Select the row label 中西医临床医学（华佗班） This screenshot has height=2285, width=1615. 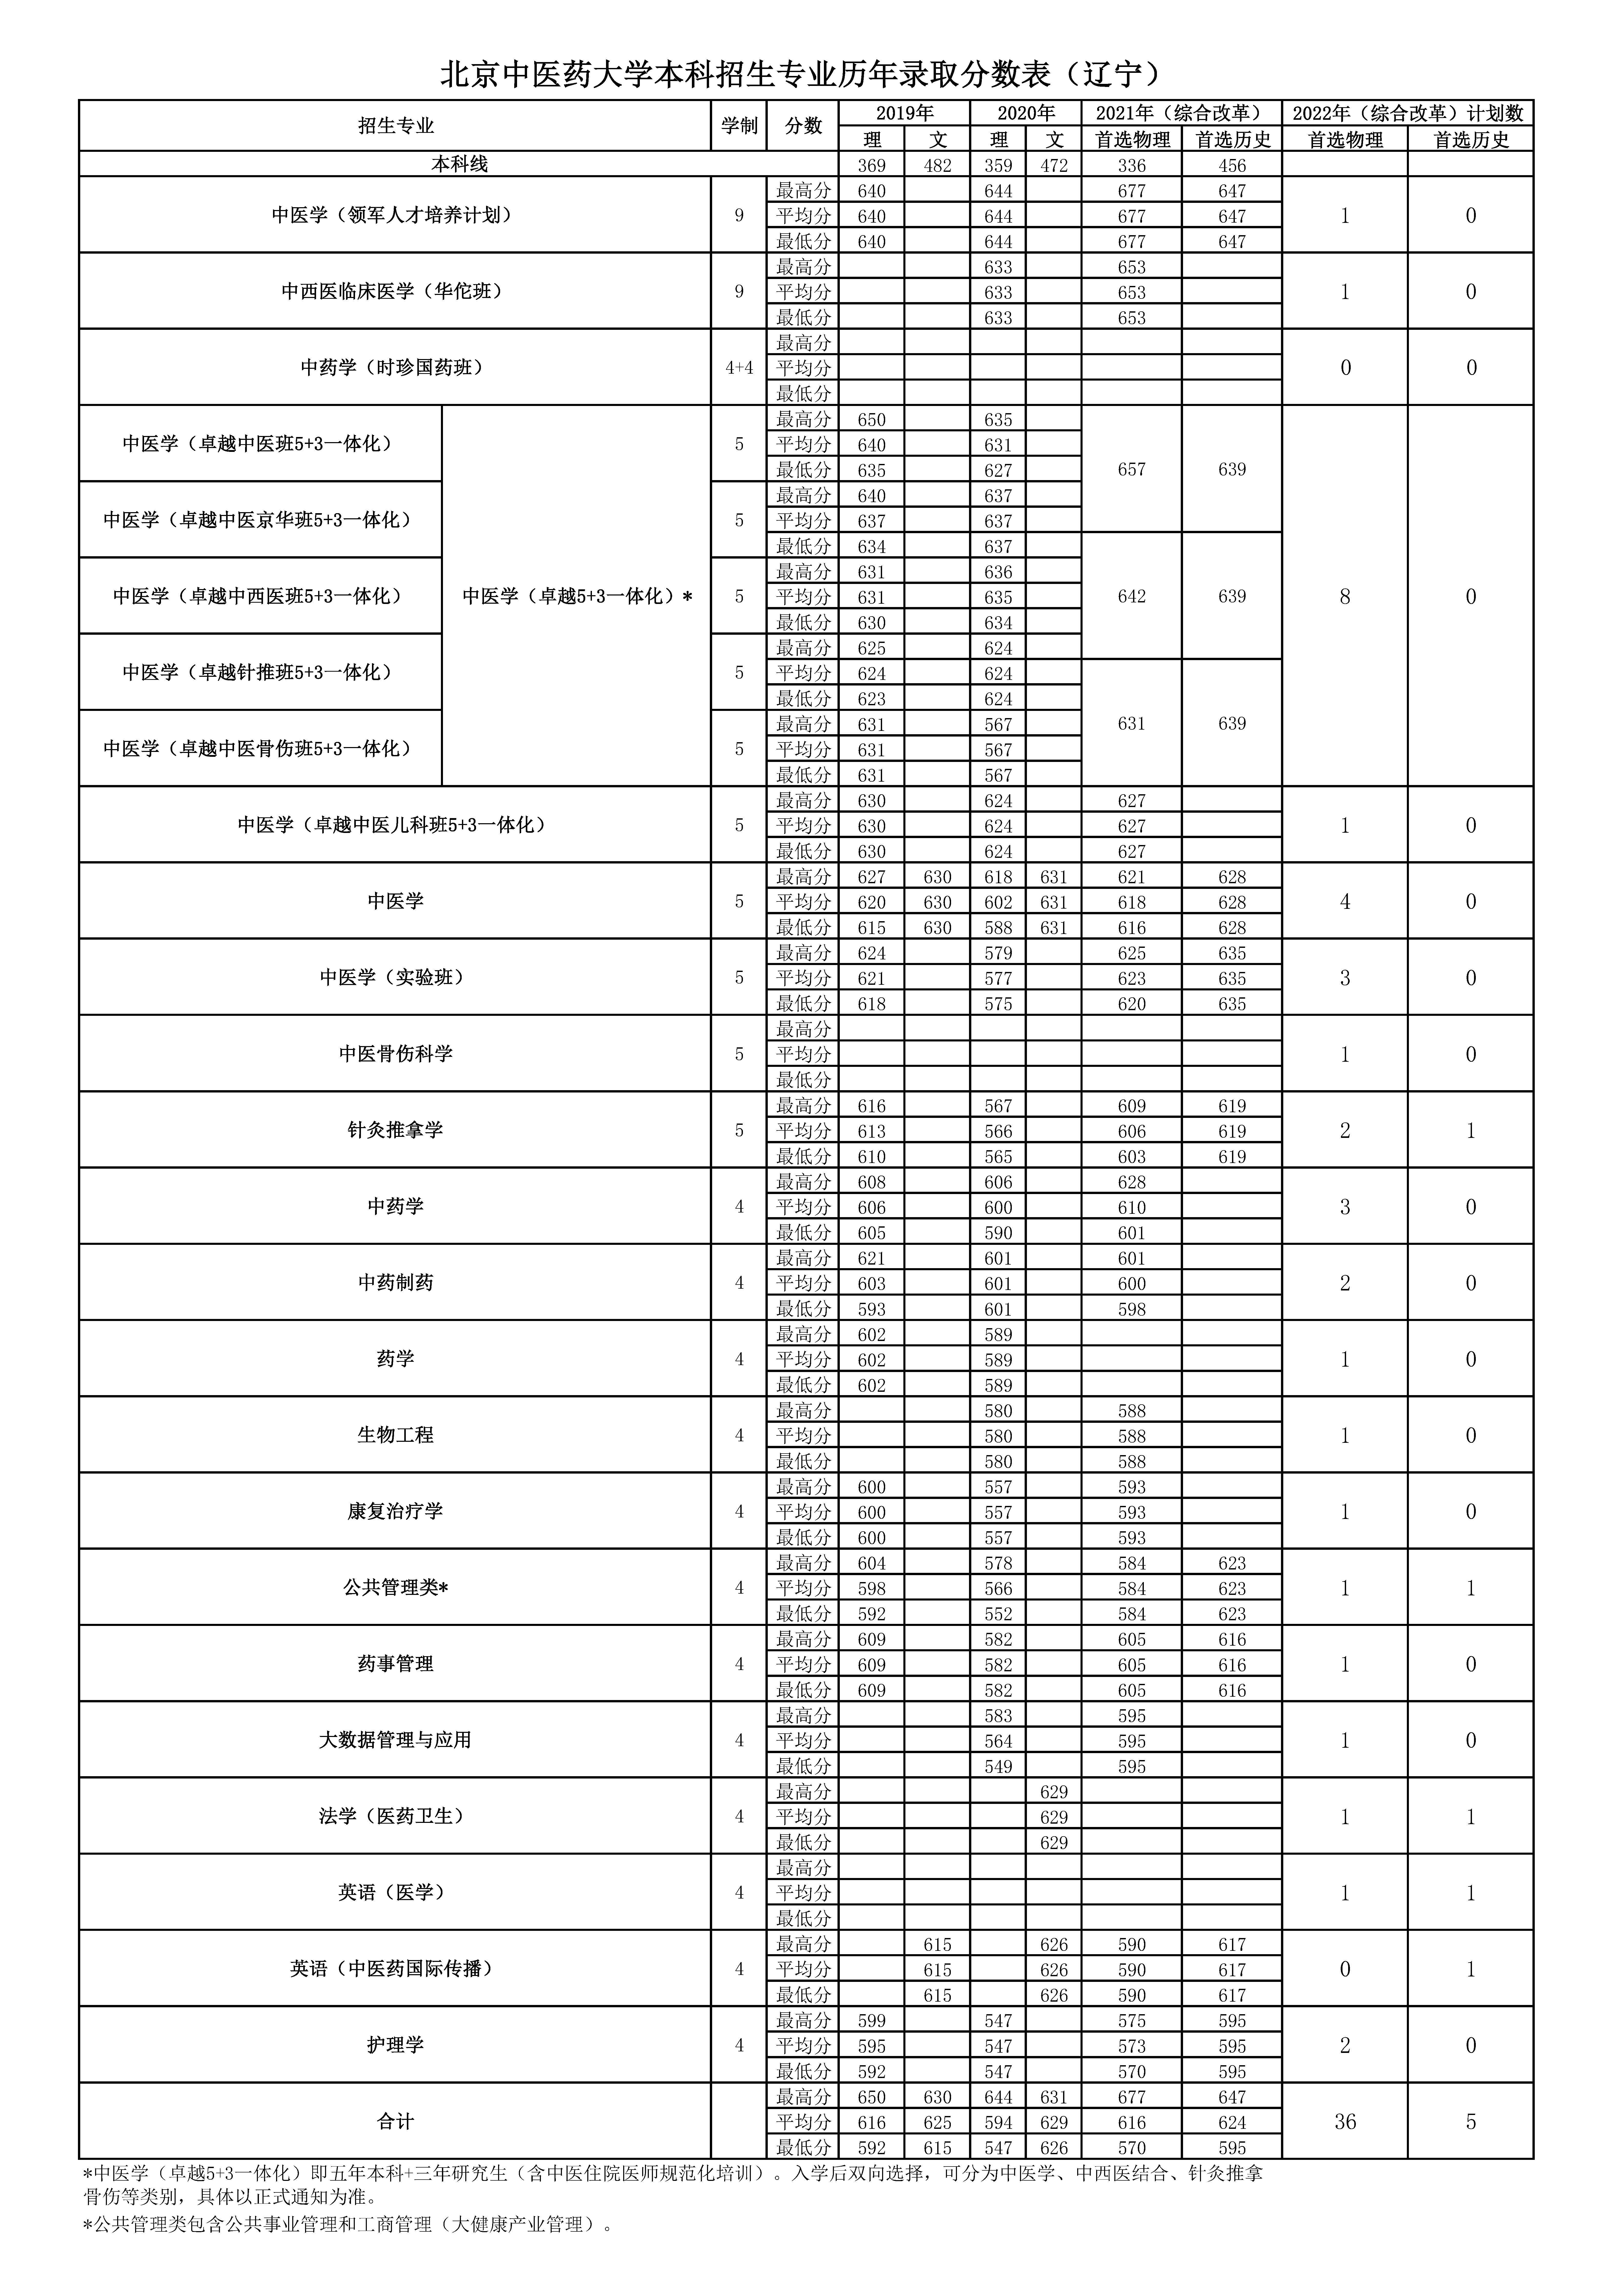[x=395, y=292]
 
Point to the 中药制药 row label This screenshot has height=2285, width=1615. [x=395, y=1283]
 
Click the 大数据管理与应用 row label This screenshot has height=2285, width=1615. [x=395, y=1740]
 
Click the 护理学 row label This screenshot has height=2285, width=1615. [x=395, y=2045]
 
